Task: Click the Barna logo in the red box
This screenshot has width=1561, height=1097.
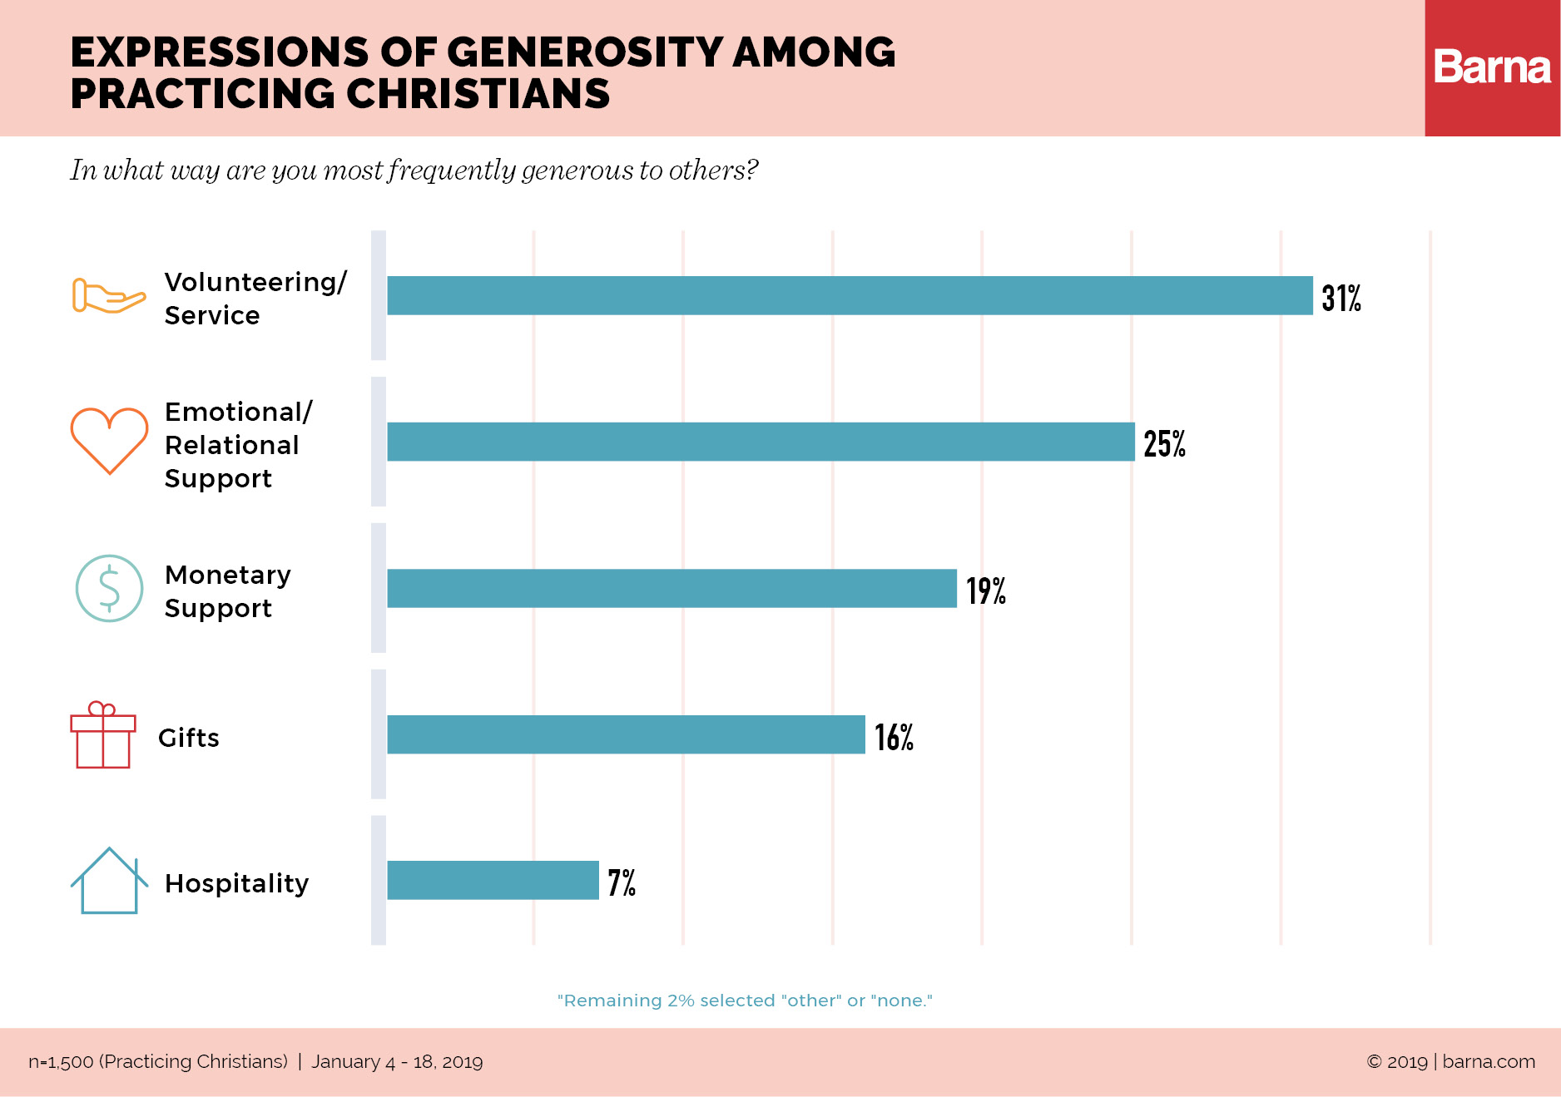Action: [1491, 67]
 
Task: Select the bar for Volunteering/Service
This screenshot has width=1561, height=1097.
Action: [849, 295]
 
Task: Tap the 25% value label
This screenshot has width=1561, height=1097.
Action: [1163, 443]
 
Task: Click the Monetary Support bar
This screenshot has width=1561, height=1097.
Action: [671, 588]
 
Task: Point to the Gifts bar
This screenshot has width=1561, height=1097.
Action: [626, 734]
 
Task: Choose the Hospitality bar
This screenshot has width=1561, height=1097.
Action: [493, 880]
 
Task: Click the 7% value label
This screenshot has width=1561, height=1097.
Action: [621, 882]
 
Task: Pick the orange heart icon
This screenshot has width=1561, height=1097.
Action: [109, 440]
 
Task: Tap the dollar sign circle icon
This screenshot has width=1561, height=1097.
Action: [109, 588]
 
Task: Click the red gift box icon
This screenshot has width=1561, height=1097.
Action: [103, 735]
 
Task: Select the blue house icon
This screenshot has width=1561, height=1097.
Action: [109, 882]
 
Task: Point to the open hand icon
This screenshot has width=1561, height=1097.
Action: [108, 296]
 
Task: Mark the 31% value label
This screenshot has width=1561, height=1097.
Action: [1340, 298]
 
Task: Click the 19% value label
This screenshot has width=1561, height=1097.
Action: [985, 591]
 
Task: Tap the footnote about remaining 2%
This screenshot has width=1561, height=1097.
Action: [745, 1001]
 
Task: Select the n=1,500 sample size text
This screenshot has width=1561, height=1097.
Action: [158, 1062]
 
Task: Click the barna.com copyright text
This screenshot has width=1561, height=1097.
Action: [1450, 1062]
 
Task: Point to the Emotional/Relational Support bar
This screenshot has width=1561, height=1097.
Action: [761, 442]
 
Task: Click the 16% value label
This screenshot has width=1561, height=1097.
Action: [894, 737]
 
